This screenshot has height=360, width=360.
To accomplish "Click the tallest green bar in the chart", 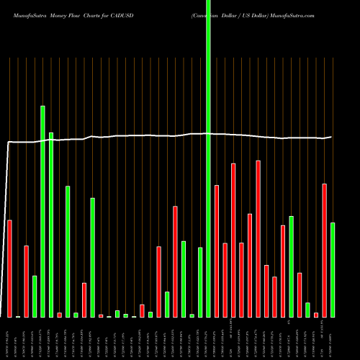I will click(209, 158).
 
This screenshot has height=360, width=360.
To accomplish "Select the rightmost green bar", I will click(333, 270).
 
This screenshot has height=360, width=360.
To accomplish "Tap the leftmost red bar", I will click(10, 269).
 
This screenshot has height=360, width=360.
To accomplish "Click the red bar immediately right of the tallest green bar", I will click(217, 251).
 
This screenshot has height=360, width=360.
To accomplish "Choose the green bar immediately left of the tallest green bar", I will click(200, 282).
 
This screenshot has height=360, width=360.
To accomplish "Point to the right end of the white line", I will click(331, 137).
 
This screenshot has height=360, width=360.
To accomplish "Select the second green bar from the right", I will click(307, 310).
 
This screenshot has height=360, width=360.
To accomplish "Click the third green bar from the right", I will click(291, 266).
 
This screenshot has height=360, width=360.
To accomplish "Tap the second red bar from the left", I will click(27, 282).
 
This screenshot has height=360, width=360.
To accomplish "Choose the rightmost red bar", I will click(324, 251).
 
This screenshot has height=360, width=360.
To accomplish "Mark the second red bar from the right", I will click(316, 315).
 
